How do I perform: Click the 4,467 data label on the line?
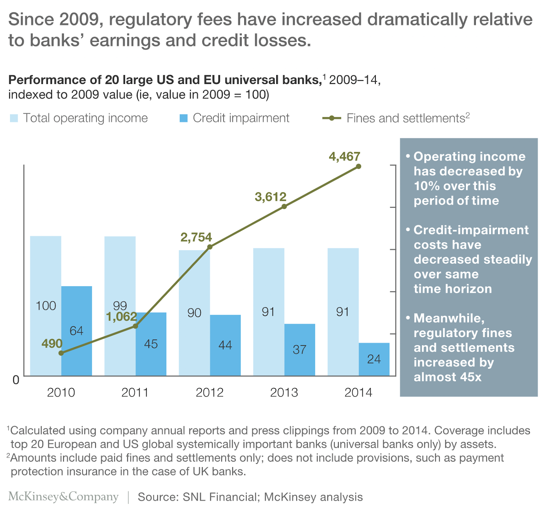[x=344, y=157]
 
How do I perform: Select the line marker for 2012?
[x=210, y=247]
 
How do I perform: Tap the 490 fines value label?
[x=52, y=343]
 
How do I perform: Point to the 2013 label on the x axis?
[x=284, y=393]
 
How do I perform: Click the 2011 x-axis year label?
[x=135, y=393]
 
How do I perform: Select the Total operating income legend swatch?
[x=14, y=118]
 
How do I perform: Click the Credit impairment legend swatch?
[x=184, y=118]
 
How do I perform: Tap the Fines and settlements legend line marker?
[x=332, y=118]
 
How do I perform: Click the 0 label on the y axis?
[x=16, y=380]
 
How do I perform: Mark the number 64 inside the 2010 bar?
[x=76, y=331]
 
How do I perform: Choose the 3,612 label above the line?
[x=270, y=197]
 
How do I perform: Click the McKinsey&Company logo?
[x=63, y=497]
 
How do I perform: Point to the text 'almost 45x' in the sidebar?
[x=447, y=377]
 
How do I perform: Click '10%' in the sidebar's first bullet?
[x=427, y=186]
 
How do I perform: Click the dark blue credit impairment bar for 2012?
[x=225, y=345]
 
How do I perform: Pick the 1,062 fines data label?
[x=121, y=316]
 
